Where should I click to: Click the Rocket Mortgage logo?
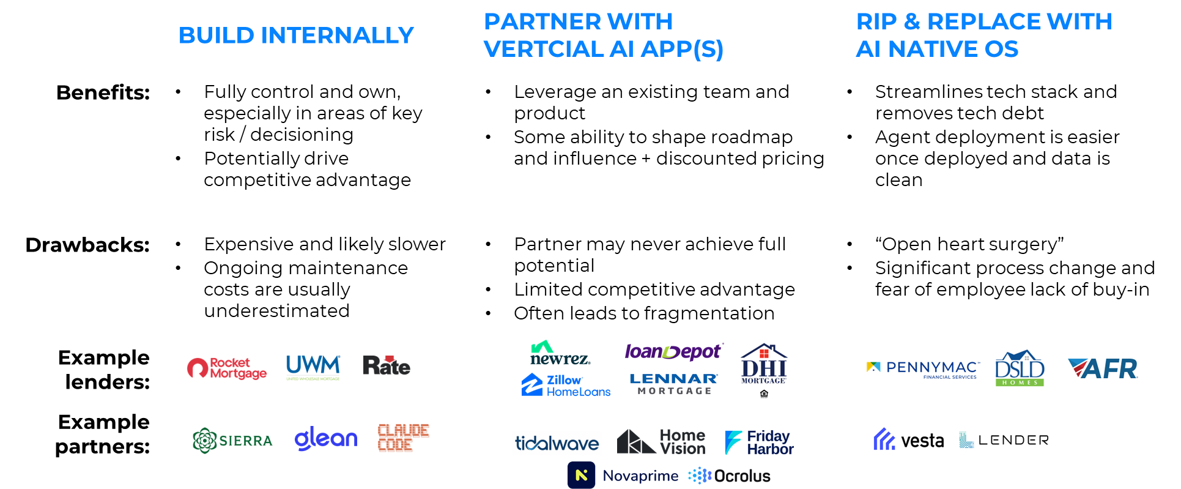pyautogui.click(x=226, y=368)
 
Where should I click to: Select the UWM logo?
pyautogui.click(x=313, y=367)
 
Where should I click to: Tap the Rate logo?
pyautogui.click(x=387, y=366)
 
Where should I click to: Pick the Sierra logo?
pyautogui.click(x=235, y=440)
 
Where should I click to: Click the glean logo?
pyautogui.click(x=326, y=439)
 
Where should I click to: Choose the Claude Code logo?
pyautogui.click(x=402, y=438)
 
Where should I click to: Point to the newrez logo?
pyautogui.click(x=560, y=354)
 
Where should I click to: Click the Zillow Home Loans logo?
pyautogui.click(x=566, y=386)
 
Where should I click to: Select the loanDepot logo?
pyautogui.click(x=673, y=352)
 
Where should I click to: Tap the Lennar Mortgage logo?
pyautogui.click(x=674, y=384)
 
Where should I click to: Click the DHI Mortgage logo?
pyautogui.click(x=764, y=370)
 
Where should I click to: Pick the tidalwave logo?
pyautogui.click(x=557, y=442)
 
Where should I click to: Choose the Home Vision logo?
pyautogui.click(x=661, y=442)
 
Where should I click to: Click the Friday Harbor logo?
pyautogui.click(x=759, y=442)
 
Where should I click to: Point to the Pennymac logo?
pyautogui.click(x=923, y=368)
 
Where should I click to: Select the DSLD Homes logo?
pyautogui.click(x=1020, y=370)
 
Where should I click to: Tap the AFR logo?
pyautogui.click(x=1102, y=368)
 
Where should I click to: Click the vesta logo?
pyautogui.click(x=908, y=439)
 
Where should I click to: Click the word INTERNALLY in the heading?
pyautogui.click(x=338, y=35)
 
